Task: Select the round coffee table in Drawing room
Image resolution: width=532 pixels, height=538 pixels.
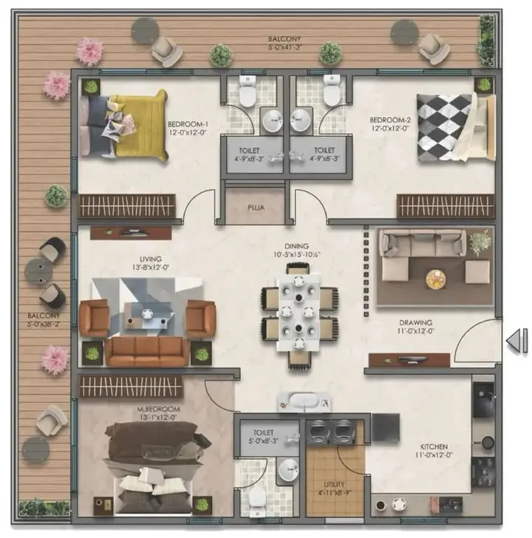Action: (x=437, y=279)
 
